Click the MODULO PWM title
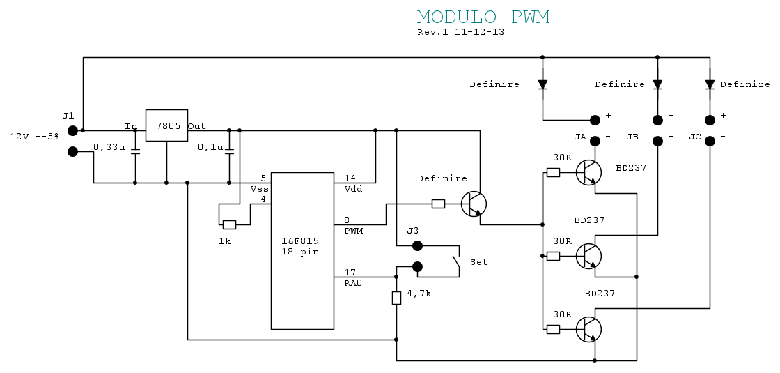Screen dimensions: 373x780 tap(483, 17)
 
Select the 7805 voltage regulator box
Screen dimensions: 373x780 tap(166, 125)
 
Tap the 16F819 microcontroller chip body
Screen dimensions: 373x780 tap(302, 250)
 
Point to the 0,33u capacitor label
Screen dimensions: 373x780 tap(109, 147)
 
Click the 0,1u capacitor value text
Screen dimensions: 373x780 tap(210, 147)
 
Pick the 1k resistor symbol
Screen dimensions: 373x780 tap(229, 224)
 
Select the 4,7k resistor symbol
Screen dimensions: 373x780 tap(396, 298)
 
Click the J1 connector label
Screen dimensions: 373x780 tap(68, 116)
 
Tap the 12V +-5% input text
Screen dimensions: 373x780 tap(34, 136)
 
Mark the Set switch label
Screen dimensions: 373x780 tap(479, 262)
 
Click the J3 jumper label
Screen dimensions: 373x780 tap(413, 231)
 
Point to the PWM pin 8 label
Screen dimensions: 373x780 tap(353, 231)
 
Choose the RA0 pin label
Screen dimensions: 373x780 tap(353, 283)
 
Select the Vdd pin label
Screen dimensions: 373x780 tap(353, 188)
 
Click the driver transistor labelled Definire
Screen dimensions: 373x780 tap(474, 204)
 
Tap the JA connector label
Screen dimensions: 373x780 tap(579, 136)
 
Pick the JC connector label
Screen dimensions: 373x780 tap(695, 136)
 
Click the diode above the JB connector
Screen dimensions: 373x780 tap(657, 85)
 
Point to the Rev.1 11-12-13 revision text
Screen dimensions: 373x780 tap(460, 32)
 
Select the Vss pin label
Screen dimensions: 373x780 tap(260, 188)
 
